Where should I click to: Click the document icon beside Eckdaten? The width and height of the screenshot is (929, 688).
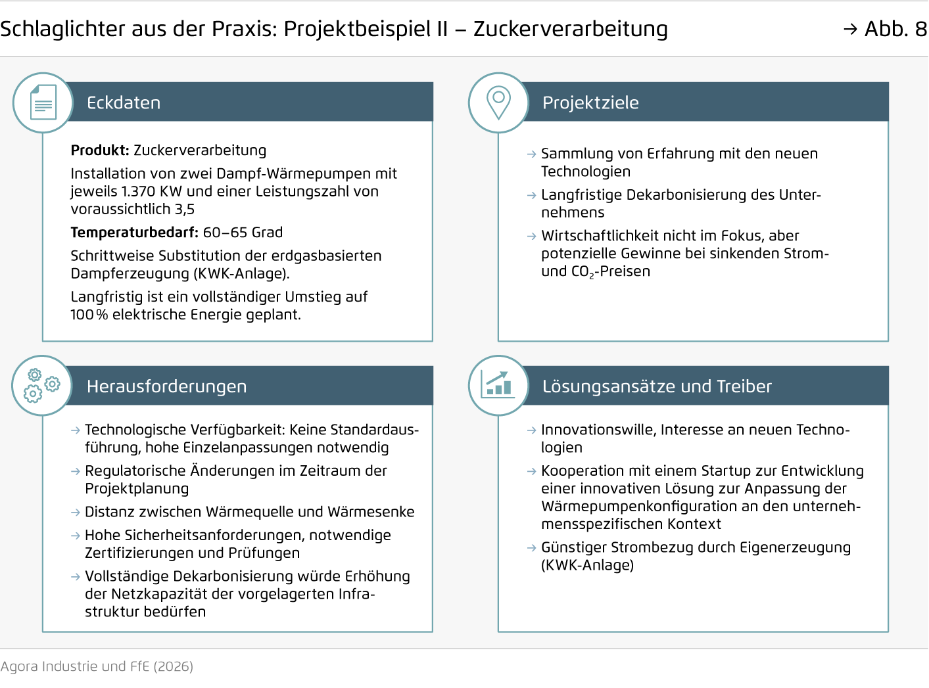tap(43, 103)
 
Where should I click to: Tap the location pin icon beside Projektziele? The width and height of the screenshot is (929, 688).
tap(498, 103)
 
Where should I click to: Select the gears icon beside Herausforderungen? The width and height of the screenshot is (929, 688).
tap(42, 385)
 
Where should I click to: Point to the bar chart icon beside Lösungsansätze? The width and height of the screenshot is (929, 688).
tap(498, 385)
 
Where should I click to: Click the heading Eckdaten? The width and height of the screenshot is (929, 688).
tap(124, 103)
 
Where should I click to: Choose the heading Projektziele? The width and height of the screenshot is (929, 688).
tap(590, 103)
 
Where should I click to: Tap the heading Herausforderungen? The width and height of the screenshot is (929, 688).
tap(166, 386)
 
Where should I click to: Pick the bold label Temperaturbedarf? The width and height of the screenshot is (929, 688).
tap(134, 233)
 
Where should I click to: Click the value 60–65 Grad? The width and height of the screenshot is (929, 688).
tap(243, 233)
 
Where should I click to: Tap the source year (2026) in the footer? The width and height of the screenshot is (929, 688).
tap(173, 666)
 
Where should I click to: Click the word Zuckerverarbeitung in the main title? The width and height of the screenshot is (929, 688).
tap(570, 29)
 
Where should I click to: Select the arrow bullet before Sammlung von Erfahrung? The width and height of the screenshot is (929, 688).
tap(532, 154)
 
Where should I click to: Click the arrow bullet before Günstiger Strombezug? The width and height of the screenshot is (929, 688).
tap(532, 548)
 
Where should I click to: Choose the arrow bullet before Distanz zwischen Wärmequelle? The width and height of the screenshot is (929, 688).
tap(76, 513)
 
